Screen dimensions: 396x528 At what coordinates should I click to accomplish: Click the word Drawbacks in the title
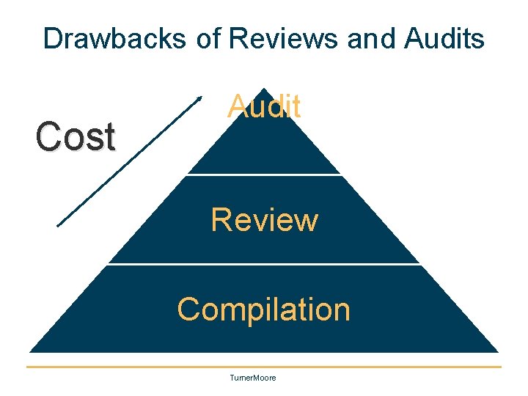point(115,38)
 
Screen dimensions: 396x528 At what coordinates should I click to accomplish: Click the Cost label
point(76,136)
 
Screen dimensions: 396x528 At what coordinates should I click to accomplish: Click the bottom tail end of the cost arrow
point(59,225)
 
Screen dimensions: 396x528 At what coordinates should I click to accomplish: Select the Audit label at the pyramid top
point(264,107)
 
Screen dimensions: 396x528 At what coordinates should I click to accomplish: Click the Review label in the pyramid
point(264,219)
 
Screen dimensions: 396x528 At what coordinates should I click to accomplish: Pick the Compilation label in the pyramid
point(264,309)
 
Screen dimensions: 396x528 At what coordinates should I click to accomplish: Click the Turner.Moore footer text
point(253,378)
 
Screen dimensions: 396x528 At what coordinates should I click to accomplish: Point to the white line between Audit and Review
point(264,175)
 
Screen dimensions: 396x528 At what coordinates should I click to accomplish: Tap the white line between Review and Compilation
point(264,264)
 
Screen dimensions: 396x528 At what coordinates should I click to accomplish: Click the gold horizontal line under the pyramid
point(264,367)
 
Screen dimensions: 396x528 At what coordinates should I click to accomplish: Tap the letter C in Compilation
point(188,309)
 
